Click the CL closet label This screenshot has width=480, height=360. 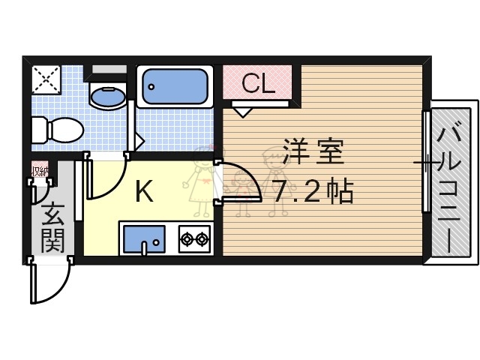(258, 83)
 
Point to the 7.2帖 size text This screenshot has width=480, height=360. (312, 193)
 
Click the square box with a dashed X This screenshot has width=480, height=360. (46, 79)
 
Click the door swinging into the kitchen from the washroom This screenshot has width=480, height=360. (105, 180)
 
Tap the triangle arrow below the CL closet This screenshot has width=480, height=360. (241, 112)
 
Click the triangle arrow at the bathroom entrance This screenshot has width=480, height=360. (139, 139)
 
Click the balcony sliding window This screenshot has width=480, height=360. (426, 161)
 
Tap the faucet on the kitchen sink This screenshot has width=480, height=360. (154, 241)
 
